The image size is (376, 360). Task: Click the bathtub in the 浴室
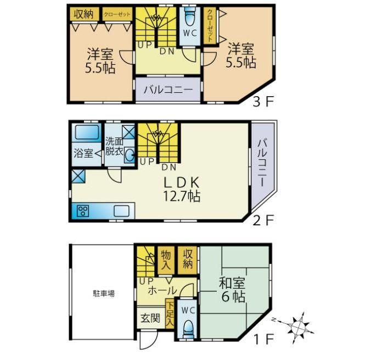(x=87, y=132)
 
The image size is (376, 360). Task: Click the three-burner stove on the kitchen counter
(x=83, y=211)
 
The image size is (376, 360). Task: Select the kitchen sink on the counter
(x=121, y=211)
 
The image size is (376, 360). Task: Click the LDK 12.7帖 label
(x=182, y=189)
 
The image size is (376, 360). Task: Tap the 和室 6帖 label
(x=232, y=290)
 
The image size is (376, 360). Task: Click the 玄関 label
(x=150, y=318)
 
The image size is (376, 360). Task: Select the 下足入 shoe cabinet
(x=170, y=313)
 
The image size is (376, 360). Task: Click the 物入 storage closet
(x=166, y=260)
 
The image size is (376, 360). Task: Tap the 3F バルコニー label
(x=168, y=90)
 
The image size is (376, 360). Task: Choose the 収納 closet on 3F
(x=84, y=14)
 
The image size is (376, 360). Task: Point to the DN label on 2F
(x=169, y=167)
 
